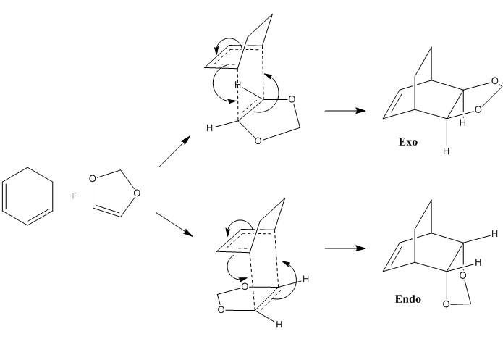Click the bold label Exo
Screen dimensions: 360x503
tap(408, 141)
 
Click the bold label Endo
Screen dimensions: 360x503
tap(408, 298)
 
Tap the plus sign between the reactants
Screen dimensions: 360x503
tap(73, 195)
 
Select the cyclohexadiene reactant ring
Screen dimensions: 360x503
tap(28, 193)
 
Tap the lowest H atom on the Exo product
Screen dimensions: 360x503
tap(446, 151)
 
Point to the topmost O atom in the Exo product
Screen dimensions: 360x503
tap(494, 81)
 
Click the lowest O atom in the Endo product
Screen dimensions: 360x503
tap(446, 304)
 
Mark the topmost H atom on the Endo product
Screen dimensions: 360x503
tap(494, 233)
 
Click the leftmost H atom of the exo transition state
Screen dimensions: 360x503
tap(209, 128)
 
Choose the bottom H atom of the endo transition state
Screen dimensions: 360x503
tap(279, 325)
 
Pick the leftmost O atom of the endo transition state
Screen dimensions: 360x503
tap(220, 310)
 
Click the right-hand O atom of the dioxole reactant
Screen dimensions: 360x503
tap(137, 193)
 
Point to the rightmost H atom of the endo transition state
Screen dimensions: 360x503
tap(306, 279)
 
